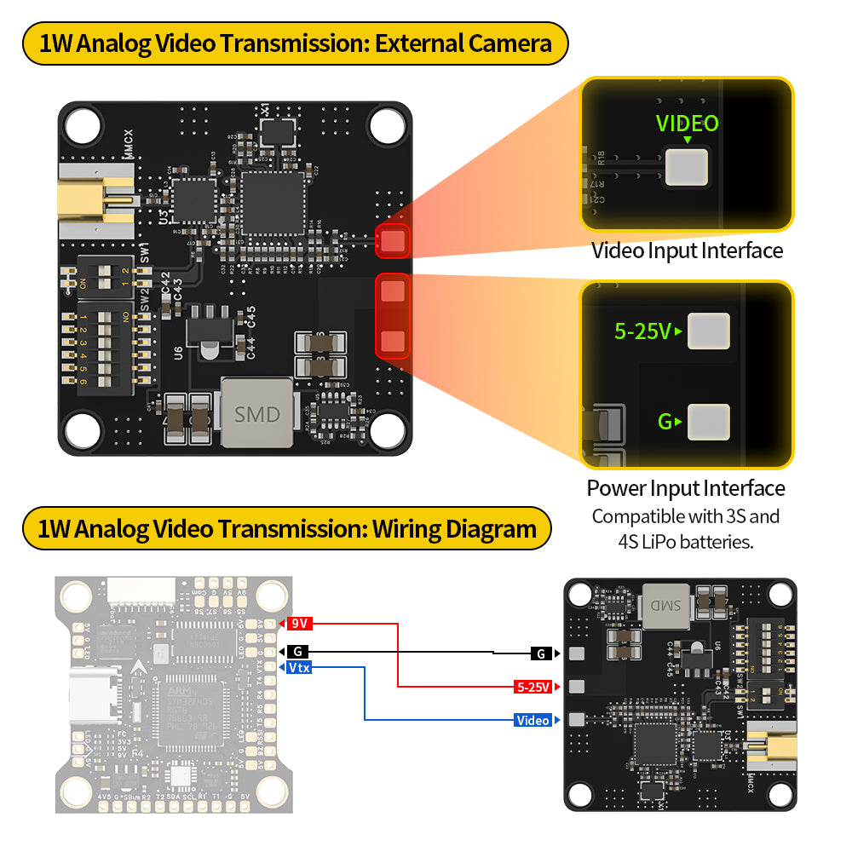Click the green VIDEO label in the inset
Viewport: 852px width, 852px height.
pos(687,124)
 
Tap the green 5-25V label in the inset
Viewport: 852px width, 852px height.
pos(643,331)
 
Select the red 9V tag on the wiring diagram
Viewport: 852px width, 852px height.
pos(299,624)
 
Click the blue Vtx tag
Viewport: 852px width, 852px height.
pos(298,667)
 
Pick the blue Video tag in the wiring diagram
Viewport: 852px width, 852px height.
pos(533,720)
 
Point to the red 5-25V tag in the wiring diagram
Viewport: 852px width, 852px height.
pos(533,686)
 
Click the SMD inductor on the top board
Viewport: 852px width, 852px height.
pos(256,414)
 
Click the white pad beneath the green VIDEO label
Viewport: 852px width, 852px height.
pos(688,167)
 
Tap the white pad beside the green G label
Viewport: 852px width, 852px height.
pos(709,422)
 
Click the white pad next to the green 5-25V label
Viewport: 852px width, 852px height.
pos(709,331)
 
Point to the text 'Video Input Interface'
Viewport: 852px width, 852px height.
pos(687,250)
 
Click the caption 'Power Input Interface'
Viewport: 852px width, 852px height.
pos(686,488)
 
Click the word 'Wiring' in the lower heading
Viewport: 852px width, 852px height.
pos(407,529)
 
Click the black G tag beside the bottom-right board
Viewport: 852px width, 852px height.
pos(540,653)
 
